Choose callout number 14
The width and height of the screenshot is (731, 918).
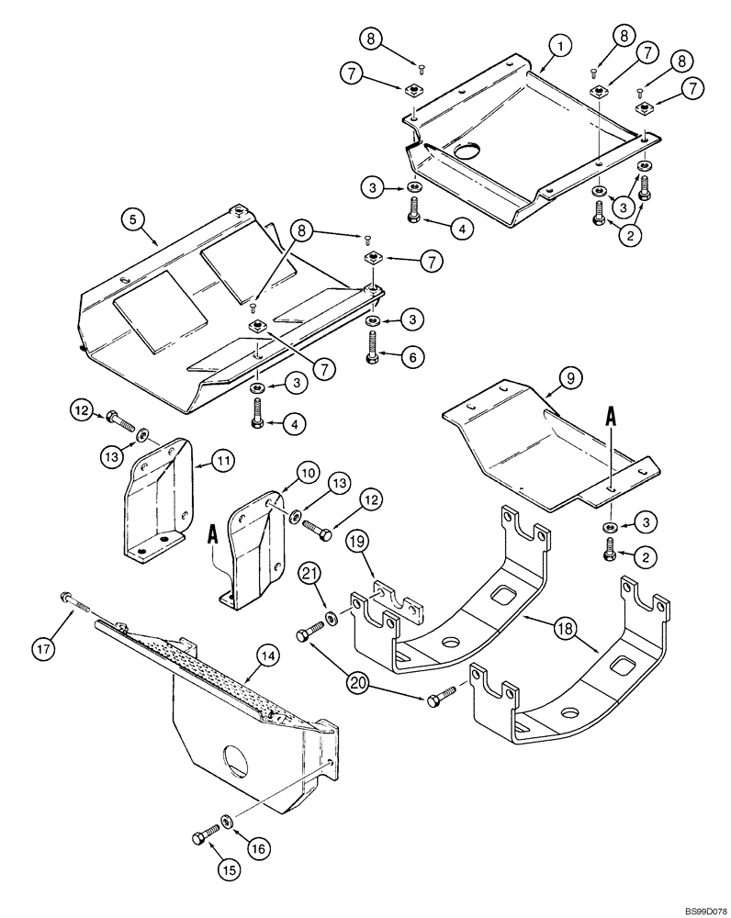(x=267, y=656)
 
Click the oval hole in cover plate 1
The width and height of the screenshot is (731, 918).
(x=470, y=150)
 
